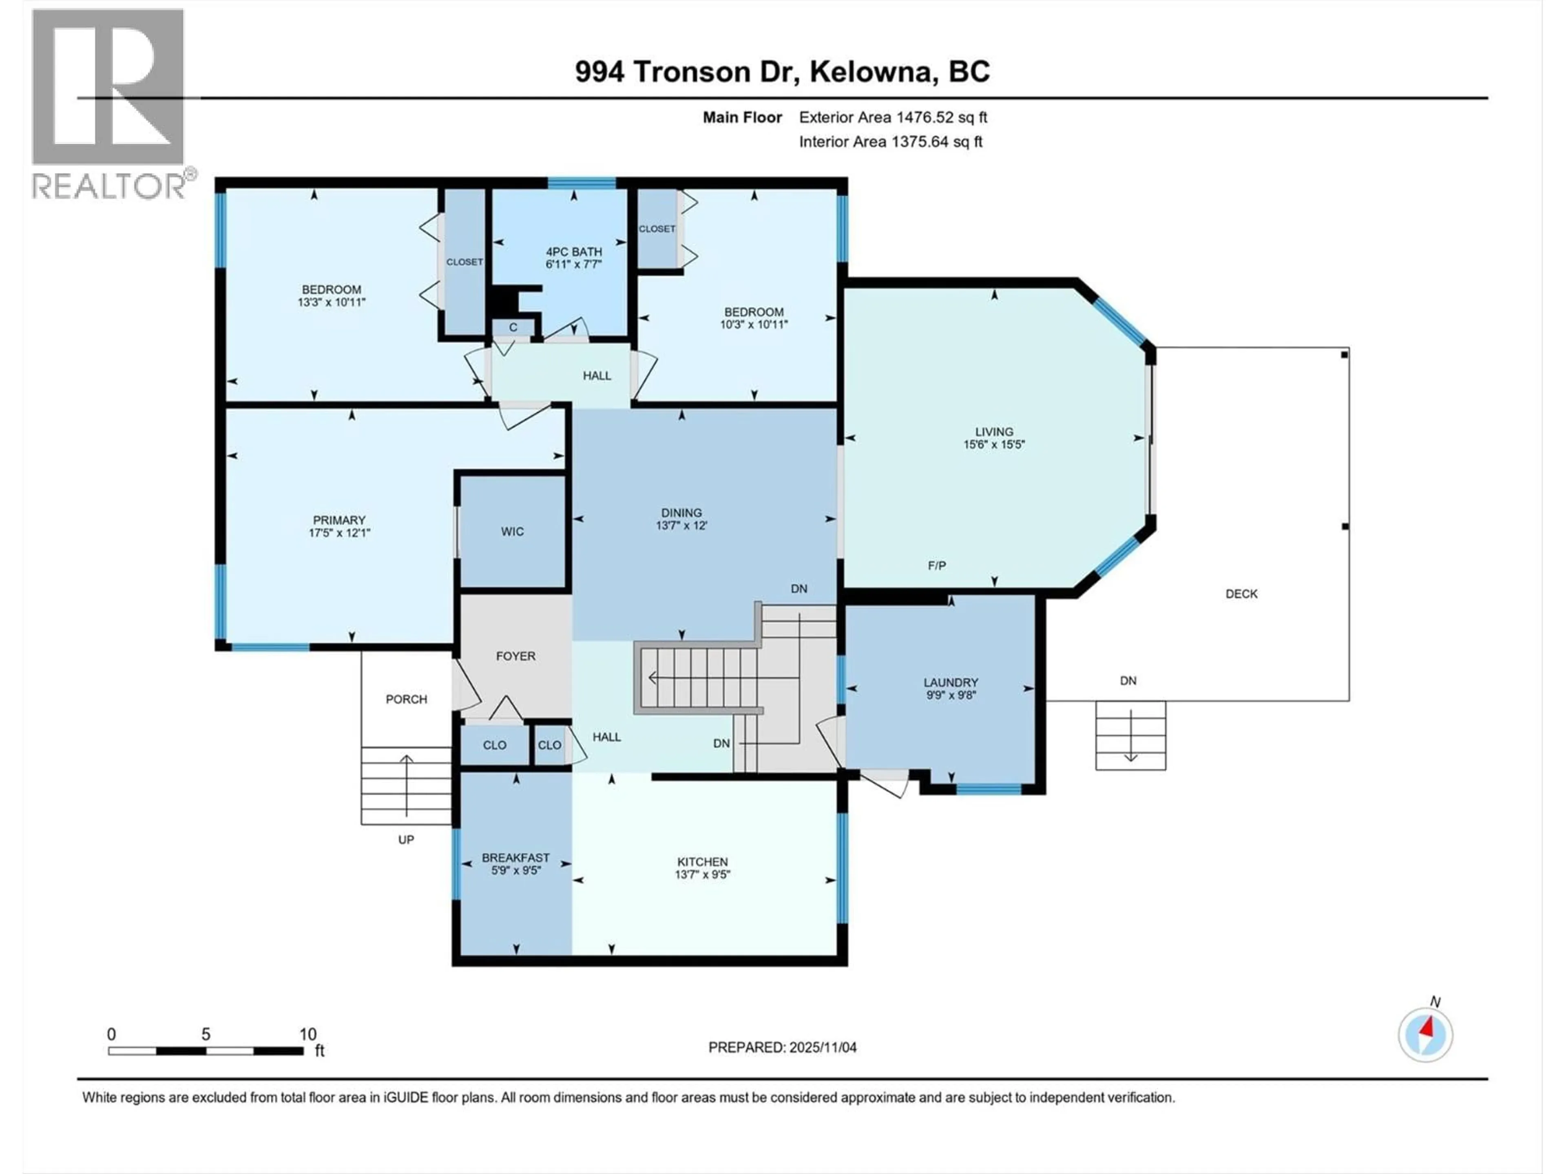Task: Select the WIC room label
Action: [x=512, y=532]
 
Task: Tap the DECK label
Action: [x=1241, y=594]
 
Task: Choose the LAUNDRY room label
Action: [x=950, y=682]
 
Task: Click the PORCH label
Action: [x=406, y=699]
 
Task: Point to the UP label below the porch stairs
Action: [x=406, y=839]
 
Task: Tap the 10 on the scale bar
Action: [x=307, y=1034]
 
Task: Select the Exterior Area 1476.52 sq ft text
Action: [x=893, y=117]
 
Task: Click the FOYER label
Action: [x=515, y=656]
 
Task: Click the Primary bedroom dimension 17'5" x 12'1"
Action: [x=339, y=533]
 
